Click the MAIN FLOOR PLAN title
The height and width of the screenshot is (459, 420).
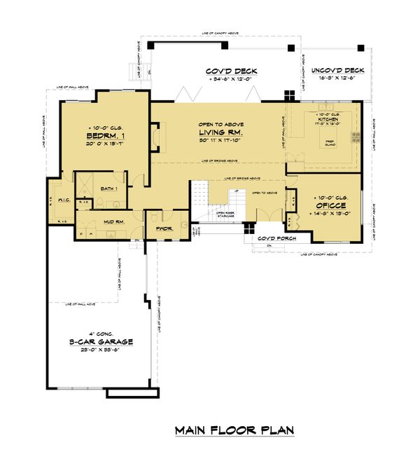click(x=234, y=430)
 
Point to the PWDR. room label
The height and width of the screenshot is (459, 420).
click(x=165, y=228)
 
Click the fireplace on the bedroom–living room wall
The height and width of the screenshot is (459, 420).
click(x=157, y=134)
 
